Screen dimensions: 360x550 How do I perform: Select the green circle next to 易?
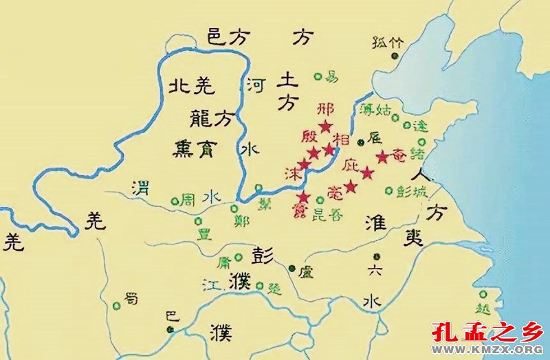coord(317,76)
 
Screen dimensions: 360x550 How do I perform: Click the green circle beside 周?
coord(175,201)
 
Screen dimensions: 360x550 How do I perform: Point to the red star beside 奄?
coord(382,157)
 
